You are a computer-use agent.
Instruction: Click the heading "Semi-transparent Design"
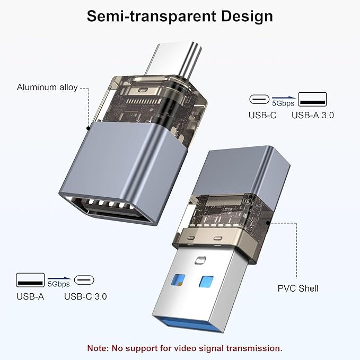(180, 16)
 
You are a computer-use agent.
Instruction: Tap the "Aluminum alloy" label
(47, 87)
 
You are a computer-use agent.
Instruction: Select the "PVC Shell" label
(298, 288)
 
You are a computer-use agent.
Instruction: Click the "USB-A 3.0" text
(313, 115)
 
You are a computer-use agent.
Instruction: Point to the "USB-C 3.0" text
(85, 296)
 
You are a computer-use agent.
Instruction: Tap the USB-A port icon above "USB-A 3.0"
(313, 99)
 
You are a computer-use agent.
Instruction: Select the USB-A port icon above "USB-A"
(30, 279)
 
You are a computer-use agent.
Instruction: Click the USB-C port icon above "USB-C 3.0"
(85, 280)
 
